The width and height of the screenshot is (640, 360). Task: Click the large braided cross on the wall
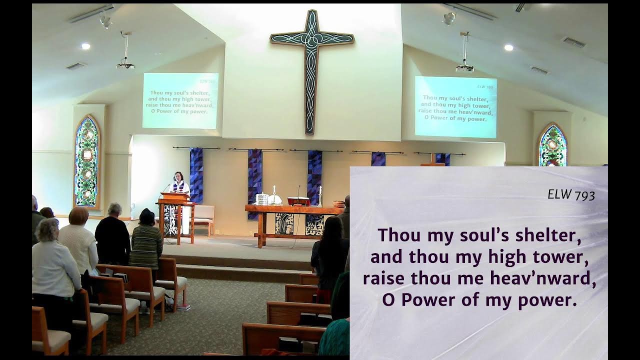(312, 65)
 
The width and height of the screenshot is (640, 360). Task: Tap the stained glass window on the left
(86, 161)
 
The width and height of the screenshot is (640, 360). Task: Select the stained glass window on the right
(552, 146)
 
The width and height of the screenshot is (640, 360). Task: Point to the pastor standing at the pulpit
(178, 183)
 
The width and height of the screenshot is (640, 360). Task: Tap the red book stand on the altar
(298, 201)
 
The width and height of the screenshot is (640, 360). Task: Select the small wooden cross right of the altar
(432, 160)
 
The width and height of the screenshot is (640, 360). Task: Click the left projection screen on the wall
(180, 100)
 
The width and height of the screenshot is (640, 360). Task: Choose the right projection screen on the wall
(455, 107)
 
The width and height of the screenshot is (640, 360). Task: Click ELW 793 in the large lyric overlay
(571, 194)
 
